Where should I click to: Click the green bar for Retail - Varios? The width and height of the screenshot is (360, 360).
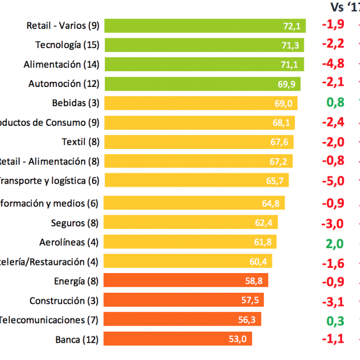pyautogui.click(x=197, y=26)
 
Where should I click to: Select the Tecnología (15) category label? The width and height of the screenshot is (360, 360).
pyautogui.click(x=67, y=45)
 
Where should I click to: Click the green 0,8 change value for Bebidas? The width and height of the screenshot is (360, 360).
pyautogui.click(x=335, y=103)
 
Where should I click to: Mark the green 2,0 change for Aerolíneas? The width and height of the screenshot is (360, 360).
pyautogui.click(x=335, y=243)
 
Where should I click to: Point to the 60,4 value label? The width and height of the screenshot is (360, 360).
pyautogui.click(x=258, y=262)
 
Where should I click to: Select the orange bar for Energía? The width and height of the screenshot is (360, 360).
pyautogui.click(x=186, y=281)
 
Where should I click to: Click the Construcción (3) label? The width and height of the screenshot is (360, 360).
pyautogui.click(x=64, y=300)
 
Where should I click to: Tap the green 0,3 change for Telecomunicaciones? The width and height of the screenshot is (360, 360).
pyautogui.click(x=335, y=319)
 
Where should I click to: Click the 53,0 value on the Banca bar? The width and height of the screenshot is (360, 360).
pyautogui.click(x=238, y=339)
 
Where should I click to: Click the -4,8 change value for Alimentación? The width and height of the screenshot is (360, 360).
pyautogui.click(x=333, y=64)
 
